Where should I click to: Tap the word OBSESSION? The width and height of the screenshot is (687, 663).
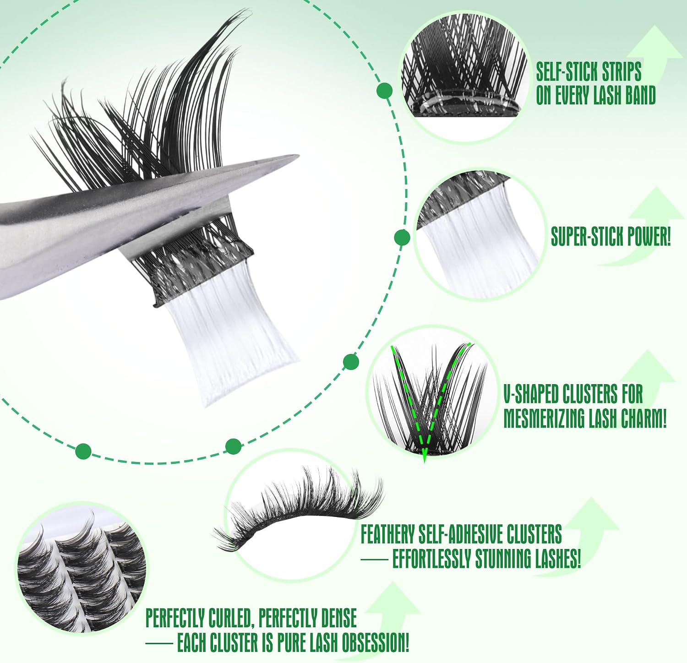click(x=374, y=642)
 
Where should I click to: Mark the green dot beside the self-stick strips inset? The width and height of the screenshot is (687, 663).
click(x=384, y=91)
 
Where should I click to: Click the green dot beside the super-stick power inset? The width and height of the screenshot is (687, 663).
click(x=402, y=238)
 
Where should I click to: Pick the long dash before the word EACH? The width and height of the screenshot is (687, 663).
click(x=159, y=644)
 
